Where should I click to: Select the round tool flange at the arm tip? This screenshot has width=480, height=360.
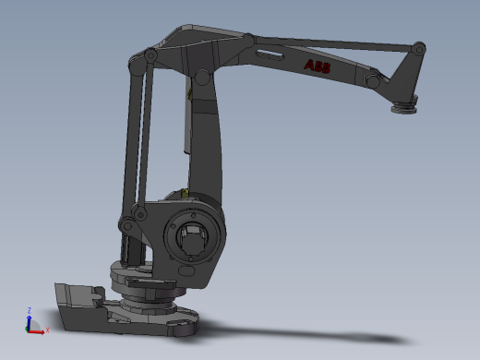click(x=403, y=111)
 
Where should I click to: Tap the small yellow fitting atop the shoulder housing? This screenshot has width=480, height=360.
click(x=186, y=194)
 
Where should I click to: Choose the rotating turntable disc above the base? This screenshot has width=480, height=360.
click(x=148, y=277)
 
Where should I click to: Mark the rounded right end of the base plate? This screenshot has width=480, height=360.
click(x=185, y=323)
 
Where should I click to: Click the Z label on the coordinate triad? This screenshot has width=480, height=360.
click(x=29, y=310)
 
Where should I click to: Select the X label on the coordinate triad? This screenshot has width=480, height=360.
click(x=47, y=330)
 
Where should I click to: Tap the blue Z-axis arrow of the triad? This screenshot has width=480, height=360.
click(x=29, y=320)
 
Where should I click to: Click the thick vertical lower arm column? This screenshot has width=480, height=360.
click(x=208, y=138)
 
